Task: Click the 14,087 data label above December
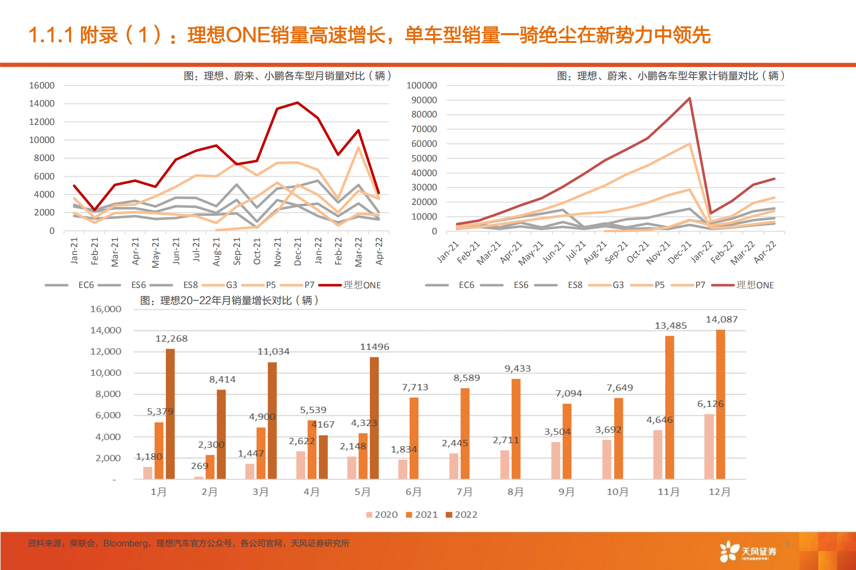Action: point(721,319)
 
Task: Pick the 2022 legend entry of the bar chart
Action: point(462,514)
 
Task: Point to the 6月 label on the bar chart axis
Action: point(413,492)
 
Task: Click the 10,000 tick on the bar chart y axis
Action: point(106,373)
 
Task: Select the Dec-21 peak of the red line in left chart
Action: point(297,103)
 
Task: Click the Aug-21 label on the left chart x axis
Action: point(216,251)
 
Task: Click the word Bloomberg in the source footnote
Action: point(125,543)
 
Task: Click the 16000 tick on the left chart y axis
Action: point(42,85)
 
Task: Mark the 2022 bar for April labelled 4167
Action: point(323,457)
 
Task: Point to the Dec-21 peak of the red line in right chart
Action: point(689,98)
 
